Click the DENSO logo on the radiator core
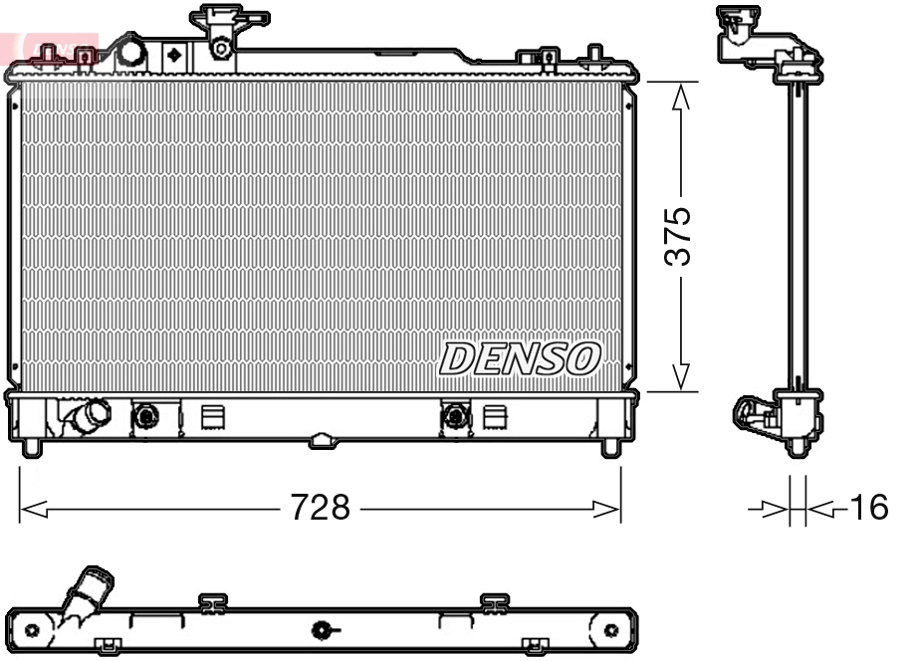coord(521,358)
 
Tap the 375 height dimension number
coord(679,237)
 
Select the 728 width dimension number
coord(320,509)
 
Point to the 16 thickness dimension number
coord(867,509)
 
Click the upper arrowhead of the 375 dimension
coord(680,96)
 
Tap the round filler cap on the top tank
coord(130,52)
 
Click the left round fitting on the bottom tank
coord(146,415)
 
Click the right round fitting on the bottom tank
coord(455,415)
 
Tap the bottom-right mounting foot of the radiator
coord(610,448)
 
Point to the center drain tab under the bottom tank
coord(321,440)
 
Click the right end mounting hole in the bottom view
coord(611,630)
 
